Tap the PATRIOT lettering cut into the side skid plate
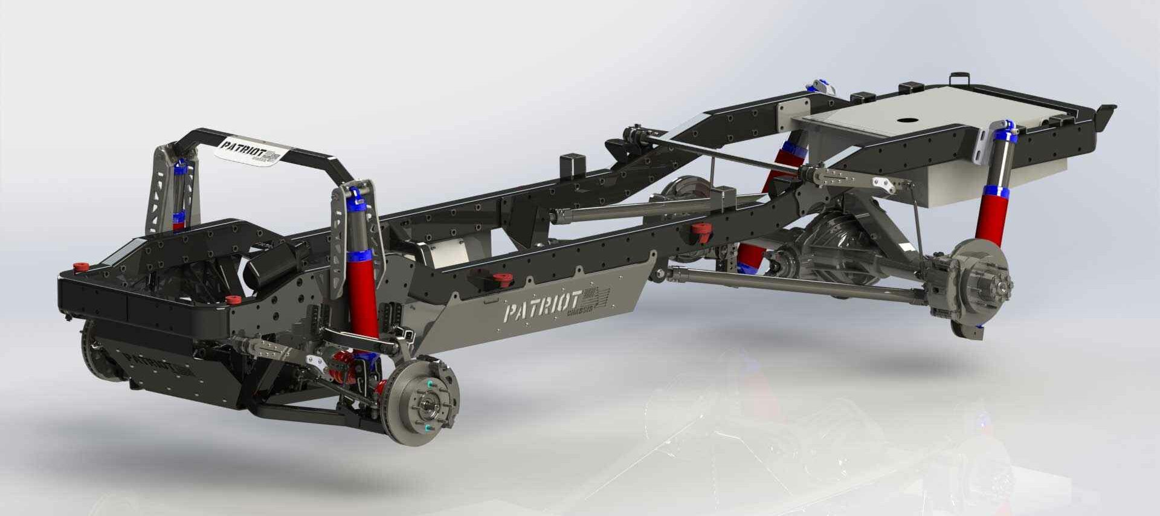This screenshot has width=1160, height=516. point(541,309)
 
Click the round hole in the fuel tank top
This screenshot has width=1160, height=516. point(906,120)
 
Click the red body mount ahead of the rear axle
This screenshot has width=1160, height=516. point(701,231)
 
